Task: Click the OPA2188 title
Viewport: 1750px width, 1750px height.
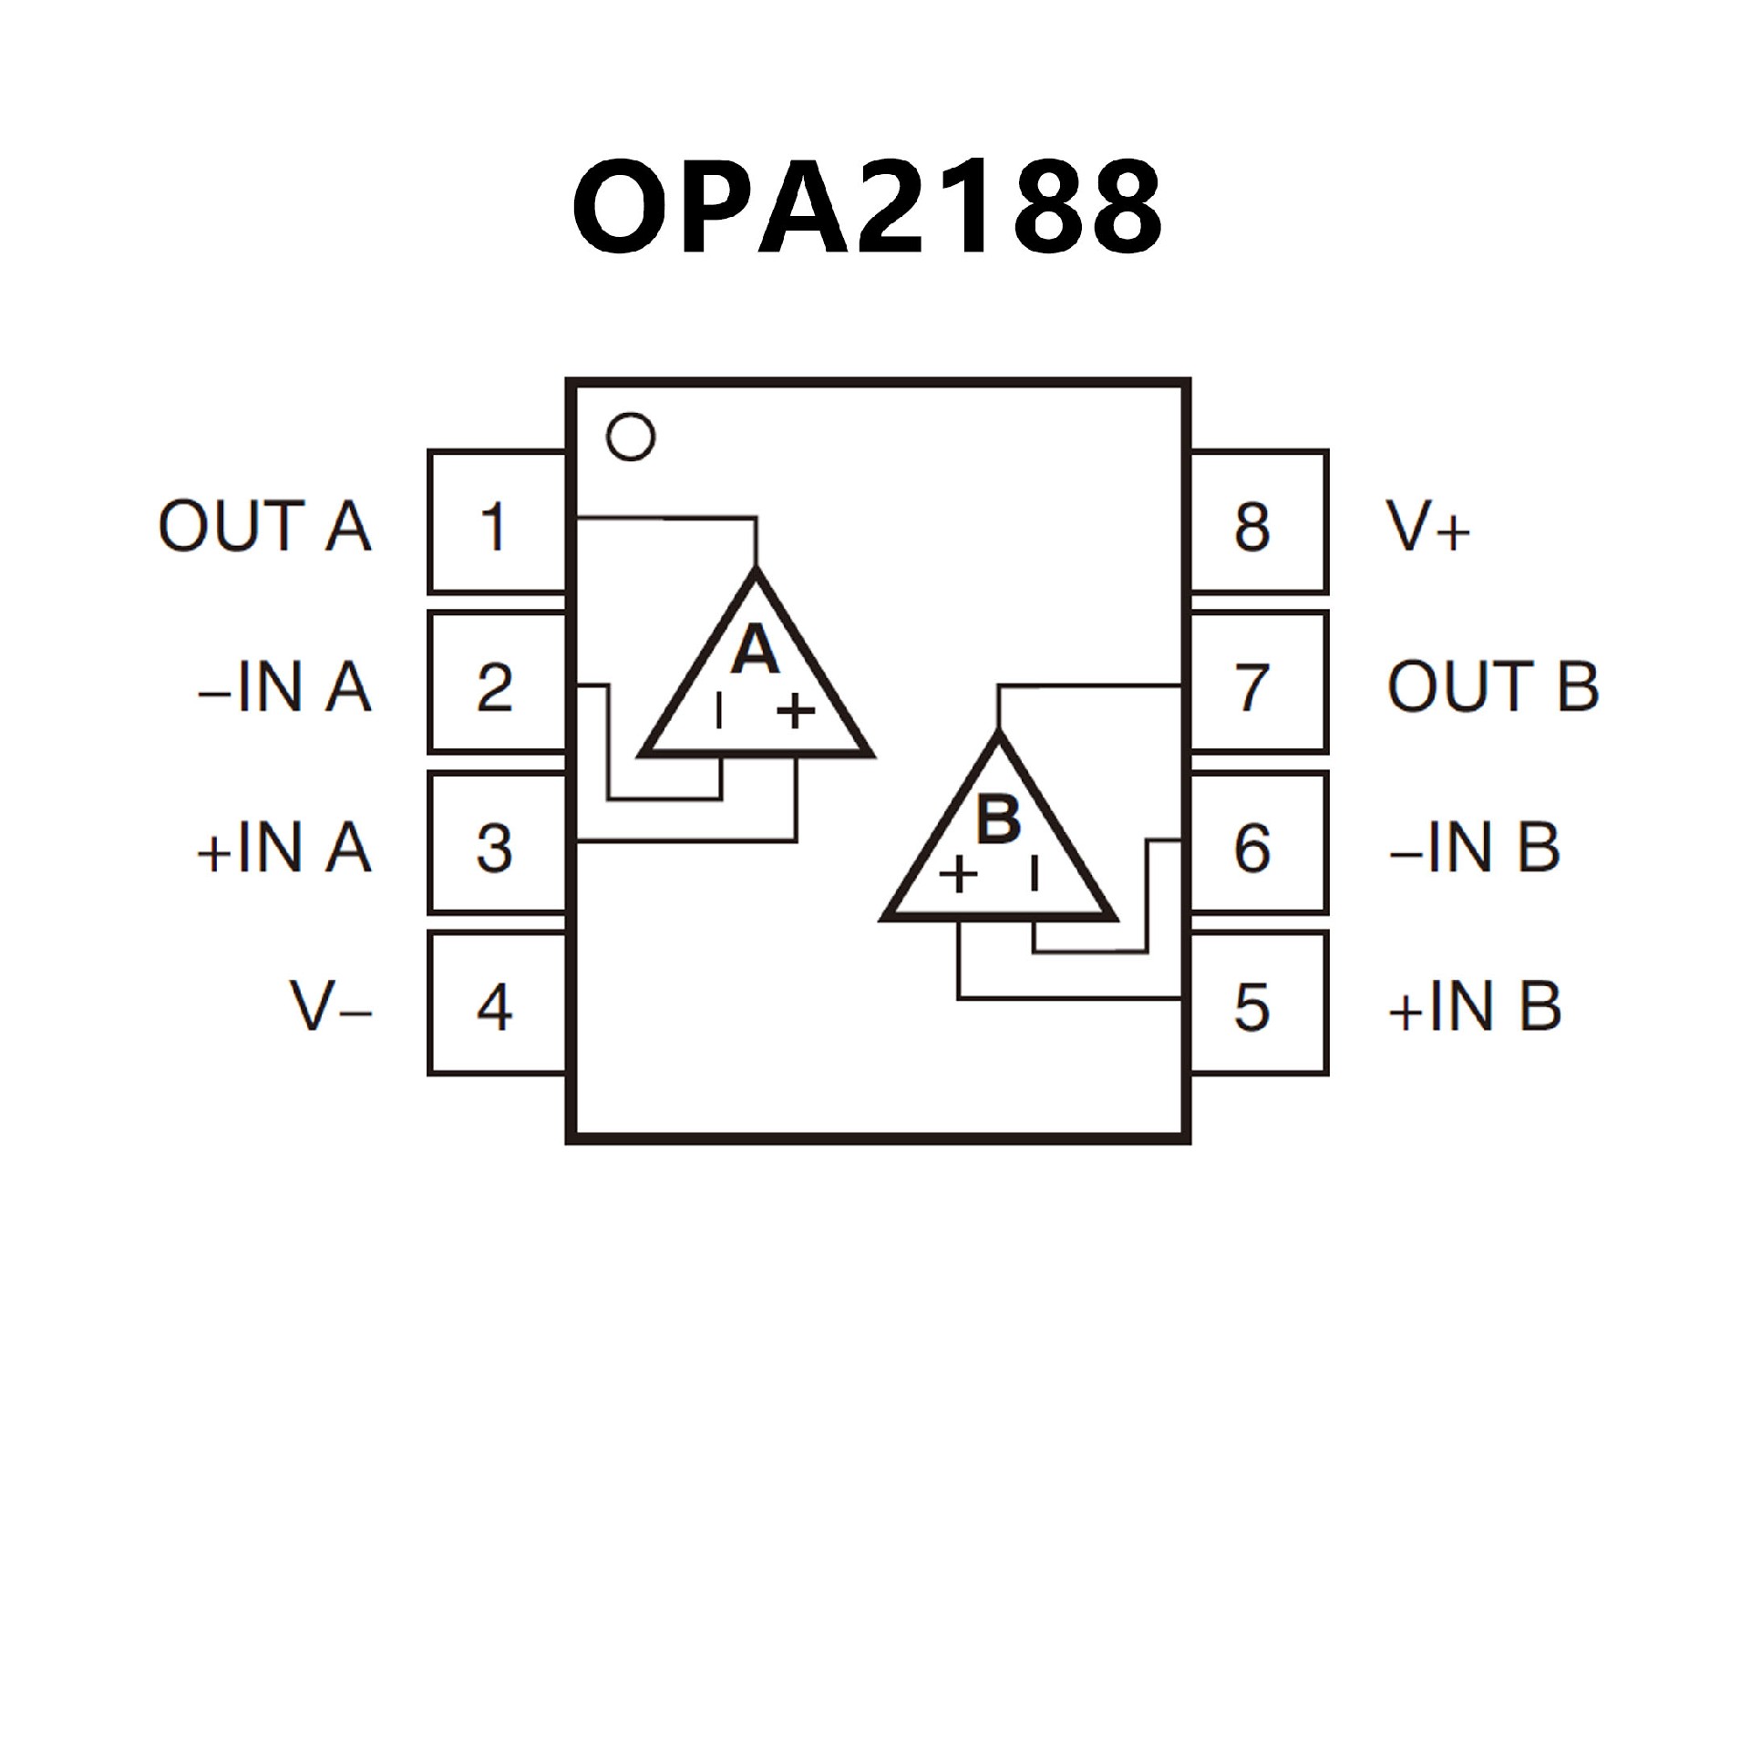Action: pos(867,208)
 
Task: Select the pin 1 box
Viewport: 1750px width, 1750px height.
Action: pos(497,522)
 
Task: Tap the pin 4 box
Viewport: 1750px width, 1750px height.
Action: pos(497,1004)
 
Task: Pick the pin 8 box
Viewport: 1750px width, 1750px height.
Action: pos(1259,522)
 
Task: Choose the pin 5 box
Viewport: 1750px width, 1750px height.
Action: pos(1259,1004)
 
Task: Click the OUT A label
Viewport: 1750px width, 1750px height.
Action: pos(264,526)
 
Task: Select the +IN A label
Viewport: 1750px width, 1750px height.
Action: pos(284,848)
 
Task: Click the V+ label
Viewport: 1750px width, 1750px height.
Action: pos(1427,527)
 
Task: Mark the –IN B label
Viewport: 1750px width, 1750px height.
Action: pos(1474,848)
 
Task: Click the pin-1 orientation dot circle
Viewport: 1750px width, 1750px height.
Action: pos(631,437)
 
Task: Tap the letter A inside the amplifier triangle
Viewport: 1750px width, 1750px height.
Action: pos(756,650)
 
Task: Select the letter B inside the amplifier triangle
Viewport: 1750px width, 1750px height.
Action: pos(999,818)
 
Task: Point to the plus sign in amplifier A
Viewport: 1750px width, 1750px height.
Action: pos(796,711)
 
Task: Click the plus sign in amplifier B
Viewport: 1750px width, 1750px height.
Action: pos(958,876)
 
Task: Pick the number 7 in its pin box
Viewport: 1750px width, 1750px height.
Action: pos(1251,687)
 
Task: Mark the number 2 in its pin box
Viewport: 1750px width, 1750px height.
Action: pos(494,687)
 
